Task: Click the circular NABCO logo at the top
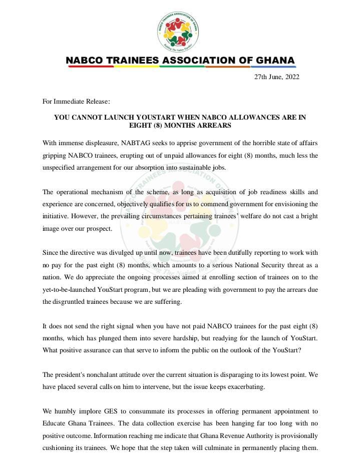click(x=179, y=32)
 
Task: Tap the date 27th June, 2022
click(x=276, y=77)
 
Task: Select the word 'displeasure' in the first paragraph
click(x=108, y=143)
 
